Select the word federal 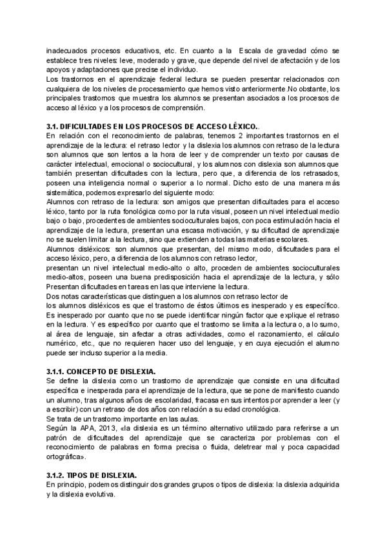[x=154, y=79]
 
